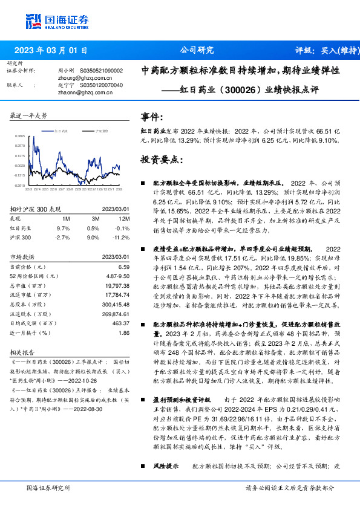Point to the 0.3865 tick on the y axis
20,137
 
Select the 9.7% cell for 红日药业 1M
64,229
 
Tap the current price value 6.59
124,267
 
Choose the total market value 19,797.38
118,286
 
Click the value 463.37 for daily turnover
120,324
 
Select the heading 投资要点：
162,160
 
